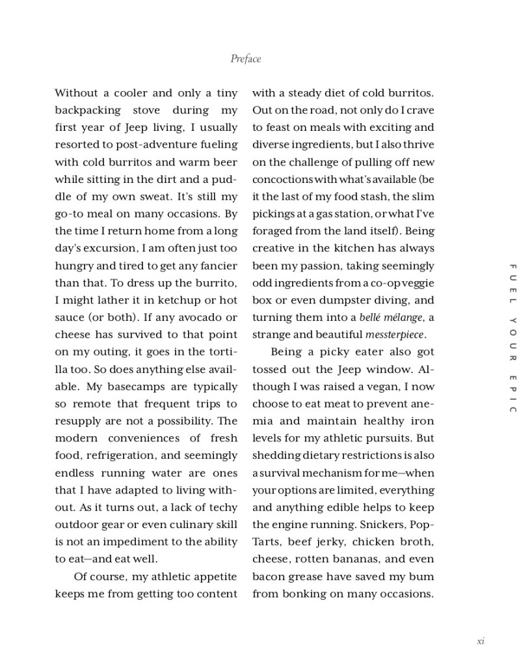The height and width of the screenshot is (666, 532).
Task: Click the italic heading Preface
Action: [245, 59]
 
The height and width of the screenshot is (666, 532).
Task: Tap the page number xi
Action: [481, 641]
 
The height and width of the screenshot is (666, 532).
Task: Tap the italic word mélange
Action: [403, 318]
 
